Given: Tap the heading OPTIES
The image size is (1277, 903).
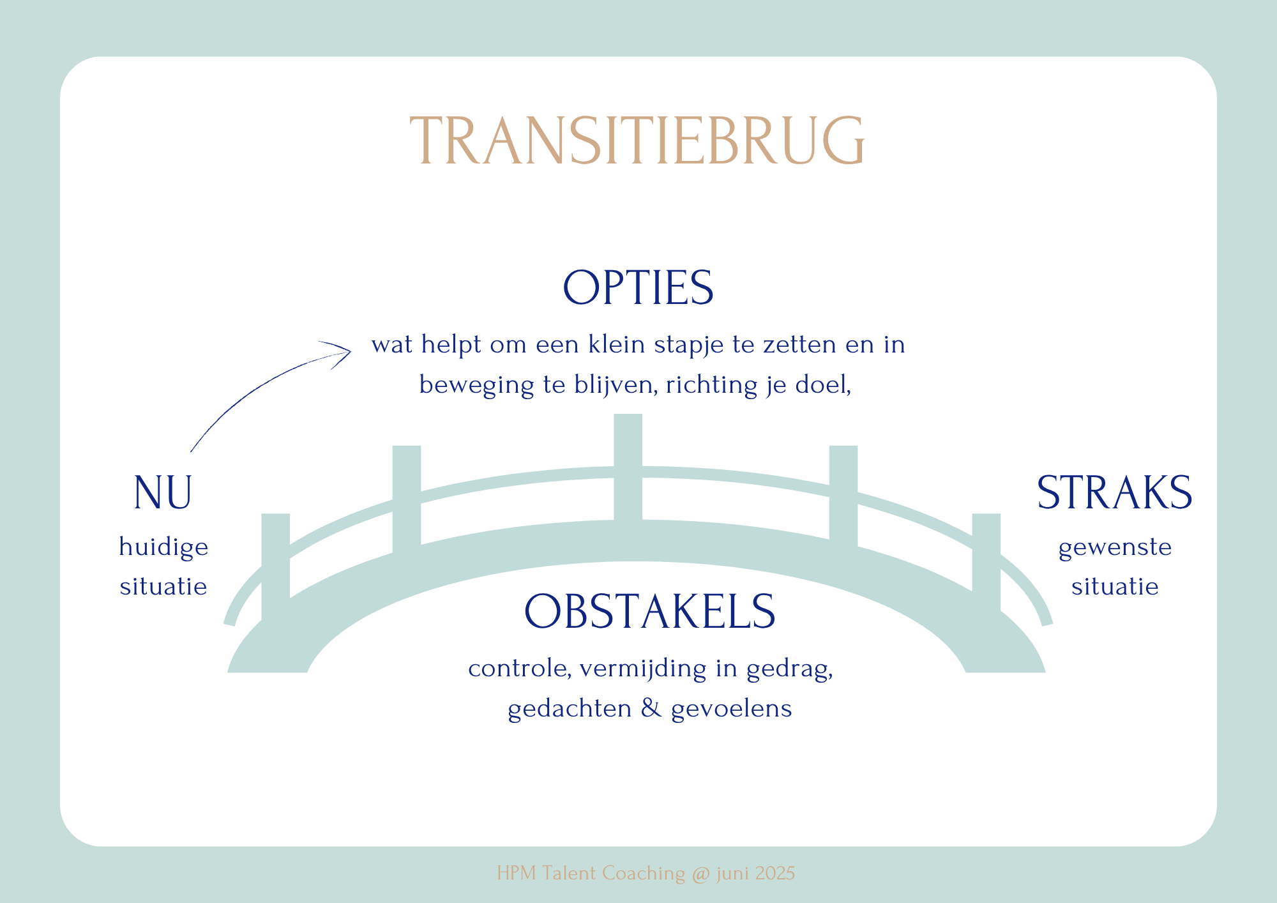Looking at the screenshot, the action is click(638, 287).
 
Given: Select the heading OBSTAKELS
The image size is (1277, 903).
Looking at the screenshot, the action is click(649, 611).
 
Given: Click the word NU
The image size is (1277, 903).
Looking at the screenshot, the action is click(163, 492).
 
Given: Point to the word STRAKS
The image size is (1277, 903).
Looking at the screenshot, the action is click(1114, 492).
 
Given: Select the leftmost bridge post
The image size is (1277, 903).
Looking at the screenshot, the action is click(275, 567).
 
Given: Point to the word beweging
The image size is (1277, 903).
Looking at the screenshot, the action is click(476, 386).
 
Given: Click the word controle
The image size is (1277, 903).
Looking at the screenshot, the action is click(519, 669).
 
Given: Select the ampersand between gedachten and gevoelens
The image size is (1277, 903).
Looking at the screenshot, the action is click(651, 708).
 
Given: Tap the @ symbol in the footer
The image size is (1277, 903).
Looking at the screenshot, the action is click(700, 873).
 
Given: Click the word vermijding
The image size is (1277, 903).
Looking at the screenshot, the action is click(643, 669).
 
